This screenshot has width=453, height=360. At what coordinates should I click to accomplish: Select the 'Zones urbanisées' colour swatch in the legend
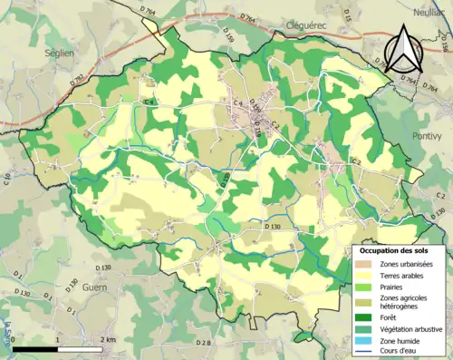click(x=365, y=263)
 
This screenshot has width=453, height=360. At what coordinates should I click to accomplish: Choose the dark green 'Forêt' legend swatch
click(x=365, y=316)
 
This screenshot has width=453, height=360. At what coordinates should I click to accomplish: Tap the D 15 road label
click(x=347, y=12)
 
